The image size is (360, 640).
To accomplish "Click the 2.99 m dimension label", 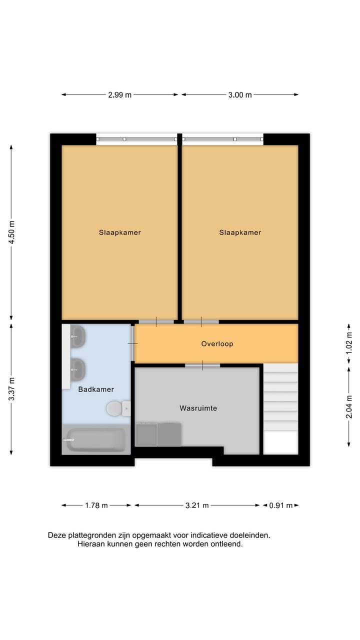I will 119,95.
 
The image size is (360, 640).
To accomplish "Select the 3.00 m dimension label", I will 240,95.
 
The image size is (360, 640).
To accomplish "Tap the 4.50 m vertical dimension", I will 11,232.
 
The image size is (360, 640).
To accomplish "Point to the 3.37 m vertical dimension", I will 11,388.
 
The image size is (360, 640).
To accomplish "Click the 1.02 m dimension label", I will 349,343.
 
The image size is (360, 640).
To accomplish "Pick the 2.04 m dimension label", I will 349,406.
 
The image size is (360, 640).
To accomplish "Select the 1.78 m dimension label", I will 96,505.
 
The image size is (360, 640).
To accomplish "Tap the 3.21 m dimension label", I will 196,505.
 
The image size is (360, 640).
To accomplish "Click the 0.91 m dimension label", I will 280,505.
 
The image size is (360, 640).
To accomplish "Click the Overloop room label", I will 217,344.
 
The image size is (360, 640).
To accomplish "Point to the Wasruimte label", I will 198,408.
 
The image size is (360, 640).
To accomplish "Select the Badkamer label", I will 96,389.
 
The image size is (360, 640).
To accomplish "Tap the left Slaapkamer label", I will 119,232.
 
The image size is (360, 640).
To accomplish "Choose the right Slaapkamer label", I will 240,232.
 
